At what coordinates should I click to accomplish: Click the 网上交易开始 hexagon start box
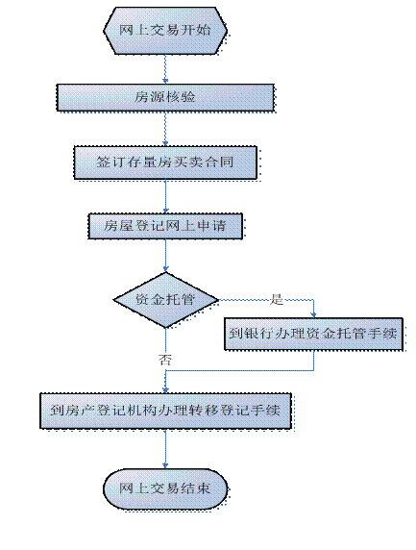pyautogui.click(x=165, y=31)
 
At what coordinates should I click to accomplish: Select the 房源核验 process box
pyautogui.click(x=165, y=97)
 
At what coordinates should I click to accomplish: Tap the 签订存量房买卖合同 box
pyautogui.click(x=165, y=162)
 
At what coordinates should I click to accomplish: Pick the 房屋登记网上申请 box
pyautogui.click(x=165, y=226)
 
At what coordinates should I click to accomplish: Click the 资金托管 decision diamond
pyautogui.click(x=165, y=300)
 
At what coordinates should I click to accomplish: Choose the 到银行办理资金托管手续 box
pyautogui.click(x=313, y=334)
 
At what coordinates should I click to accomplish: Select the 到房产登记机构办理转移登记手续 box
pyautogui.click(x=165, y=411)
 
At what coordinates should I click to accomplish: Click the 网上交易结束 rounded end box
pyautogui.click(x=165, y=489)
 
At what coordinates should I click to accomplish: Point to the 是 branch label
pyautogui.click(x=277, y=299)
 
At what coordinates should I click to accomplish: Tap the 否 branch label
pyautogui.click(x=164, y=360)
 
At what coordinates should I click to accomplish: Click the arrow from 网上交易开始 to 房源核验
pyautogui.click(x=165, y=69)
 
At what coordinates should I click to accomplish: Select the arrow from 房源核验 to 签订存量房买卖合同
pyautogui.click(x=165, y=129)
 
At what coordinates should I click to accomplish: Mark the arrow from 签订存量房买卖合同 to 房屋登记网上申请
pyautogui.click(x=165, y=196)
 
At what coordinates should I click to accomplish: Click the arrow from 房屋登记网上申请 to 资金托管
pyautogui.click(x=165, y=256)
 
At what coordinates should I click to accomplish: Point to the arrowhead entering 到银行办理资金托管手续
pyautogui.click(x=313, y=315)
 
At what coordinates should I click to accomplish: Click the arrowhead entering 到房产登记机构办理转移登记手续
pyautogui.click(x=165, y=390)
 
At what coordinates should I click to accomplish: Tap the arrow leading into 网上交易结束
pyautogui.click(x=165, y=449)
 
